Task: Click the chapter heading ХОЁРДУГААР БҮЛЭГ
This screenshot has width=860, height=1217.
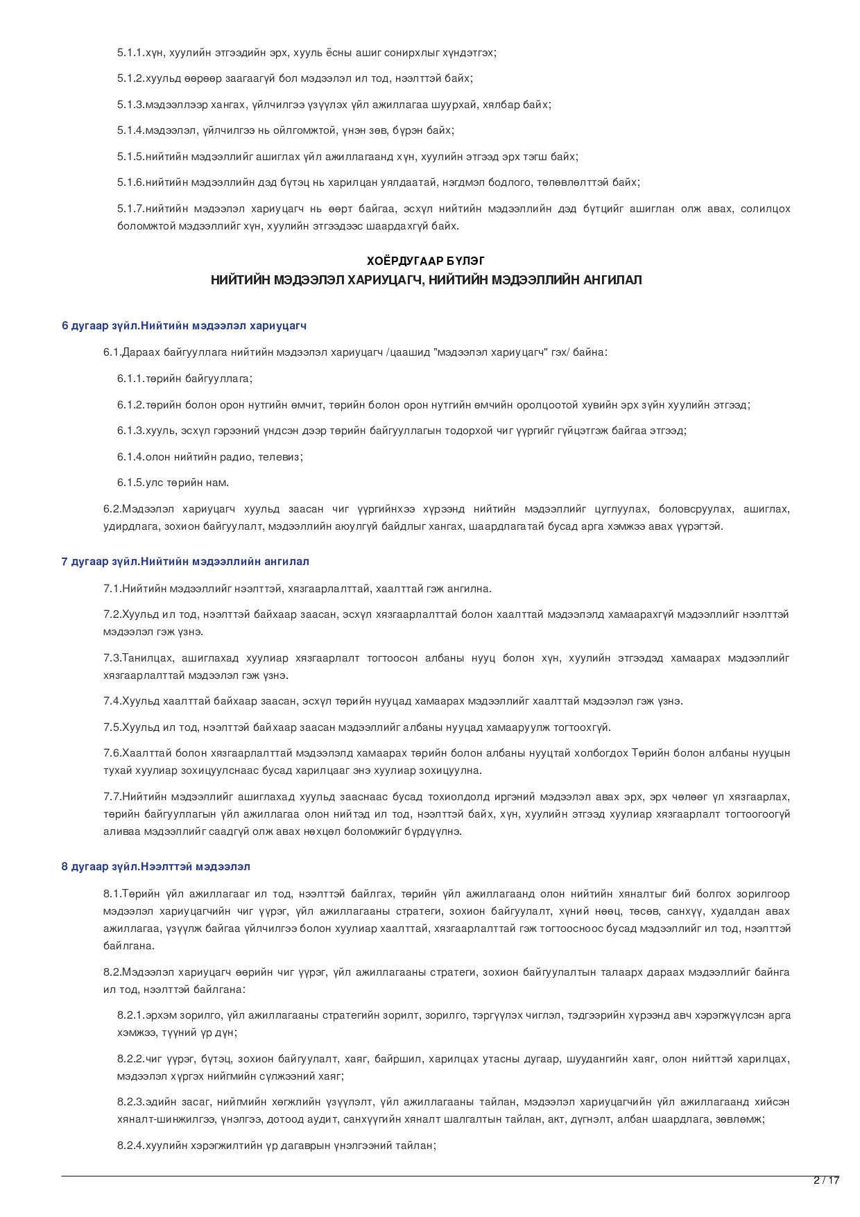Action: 426,261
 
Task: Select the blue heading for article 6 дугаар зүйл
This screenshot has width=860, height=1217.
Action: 184,325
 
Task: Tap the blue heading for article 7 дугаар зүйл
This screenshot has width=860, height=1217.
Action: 185,561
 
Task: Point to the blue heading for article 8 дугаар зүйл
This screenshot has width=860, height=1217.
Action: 156,866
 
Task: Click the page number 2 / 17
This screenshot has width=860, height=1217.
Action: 826,1180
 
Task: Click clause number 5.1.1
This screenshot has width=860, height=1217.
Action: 130,53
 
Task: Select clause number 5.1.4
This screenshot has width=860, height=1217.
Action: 130,130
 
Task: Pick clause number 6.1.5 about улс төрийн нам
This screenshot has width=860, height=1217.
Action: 130,483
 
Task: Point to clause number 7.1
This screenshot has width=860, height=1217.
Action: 112,589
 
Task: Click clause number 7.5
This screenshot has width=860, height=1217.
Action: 112,727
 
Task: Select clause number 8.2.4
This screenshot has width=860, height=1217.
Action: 130,1146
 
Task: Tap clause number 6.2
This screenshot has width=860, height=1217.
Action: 112,509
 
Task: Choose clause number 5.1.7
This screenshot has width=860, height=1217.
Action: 130,209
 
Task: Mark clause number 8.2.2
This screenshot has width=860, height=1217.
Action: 130,1059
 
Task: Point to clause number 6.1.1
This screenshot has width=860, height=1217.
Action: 130,379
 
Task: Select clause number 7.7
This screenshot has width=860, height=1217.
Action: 112,797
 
